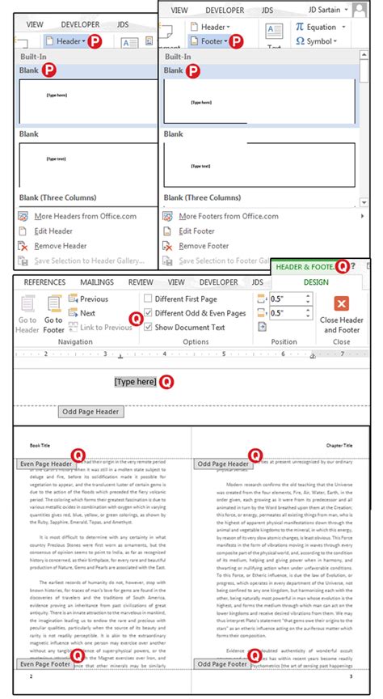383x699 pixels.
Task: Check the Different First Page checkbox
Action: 148,299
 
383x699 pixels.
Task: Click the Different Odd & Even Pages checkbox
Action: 148,313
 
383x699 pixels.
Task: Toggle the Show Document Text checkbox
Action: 148,327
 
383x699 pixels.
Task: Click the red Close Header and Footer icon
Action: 342,304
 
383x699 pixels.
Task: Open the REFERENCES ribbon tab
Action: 44,282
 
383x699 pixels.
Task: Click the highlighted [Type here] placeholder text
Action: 135,381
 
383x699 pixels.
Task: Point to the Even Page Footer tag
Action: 44,664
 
